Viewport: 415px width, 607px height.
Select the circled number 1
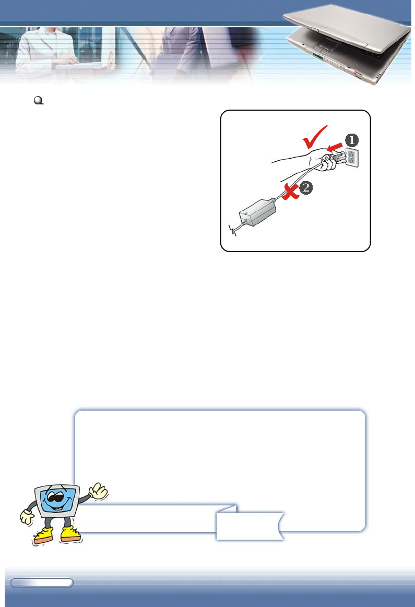(351, 140)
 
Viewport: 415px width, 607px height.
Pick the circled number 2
(306, 189)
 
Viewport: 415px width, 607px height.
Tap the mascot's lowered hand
(27, 517)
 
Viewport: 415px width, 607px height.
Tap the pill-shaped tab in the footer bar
(42, 582)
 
